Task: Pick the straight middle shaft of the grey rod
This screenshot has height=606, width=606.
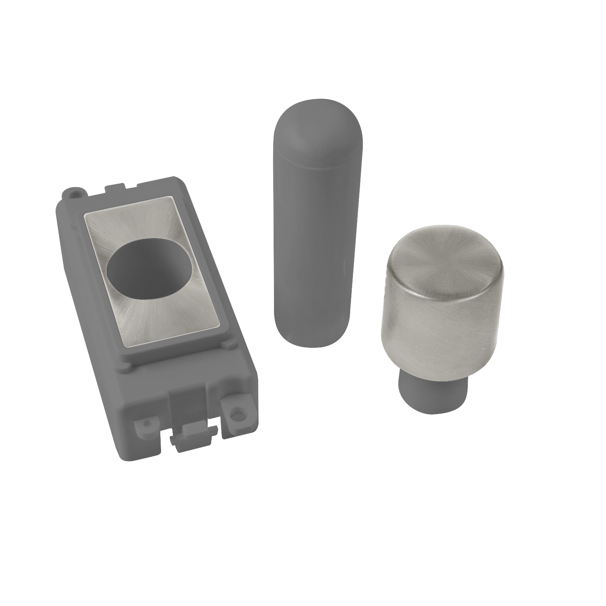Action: [x=310, y=245]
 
